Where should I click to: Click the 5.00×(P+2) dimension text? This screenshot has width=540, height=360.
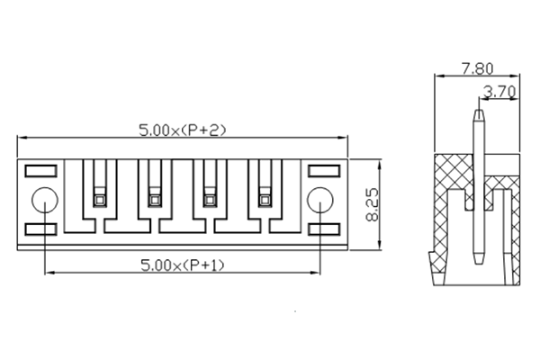(183, 130)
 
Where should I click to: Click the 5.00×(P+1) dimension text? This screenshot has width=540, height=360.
(183, 265)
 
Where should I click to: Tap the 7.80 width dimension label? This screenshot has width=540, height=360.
(477, 68)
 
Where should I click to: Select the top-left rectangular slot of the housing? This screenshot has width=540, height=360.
(40, 169)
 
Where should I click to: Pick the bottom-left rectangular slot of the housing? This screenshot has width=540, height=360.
(40, 230)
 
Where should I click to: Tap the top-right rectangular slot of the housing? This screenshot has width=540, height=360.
(322, 169)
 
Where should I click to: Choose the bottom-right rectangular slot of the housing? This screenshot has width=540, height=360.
(322, 230)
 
